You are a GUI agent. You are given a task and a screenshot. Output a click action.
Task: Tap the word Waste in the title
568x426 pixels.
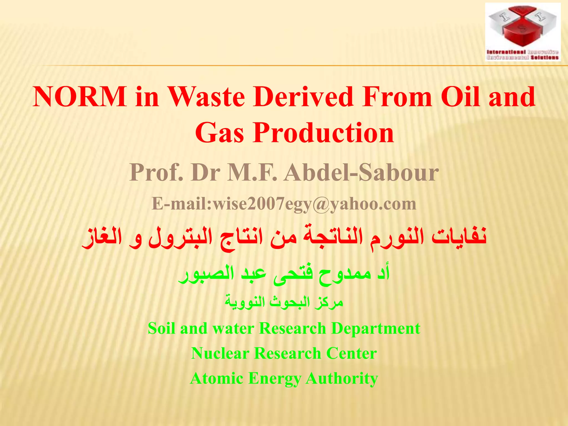[x=207, y=97]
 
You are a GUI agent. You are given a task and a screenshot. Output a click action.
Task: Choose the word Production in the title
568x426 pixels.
[x=323, y=133]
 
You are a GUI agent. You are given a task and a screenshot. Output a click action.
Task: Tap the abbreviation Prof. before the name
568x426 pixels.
[x=156, y=173]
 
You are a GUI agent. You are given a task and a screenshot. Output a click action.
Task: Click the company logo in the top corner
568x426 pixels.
[x=523, y=32]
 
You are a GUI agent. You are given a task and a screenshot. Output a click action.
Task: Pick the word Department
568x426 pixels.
[x=376, y=329]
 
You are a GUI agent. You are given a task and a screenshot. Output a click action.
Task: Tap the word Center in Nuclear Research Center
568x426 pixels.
[x=351, y=354]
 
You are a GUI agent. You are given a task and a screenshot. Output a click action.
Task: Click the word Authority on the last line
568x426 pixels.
[x=342, y=379]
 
